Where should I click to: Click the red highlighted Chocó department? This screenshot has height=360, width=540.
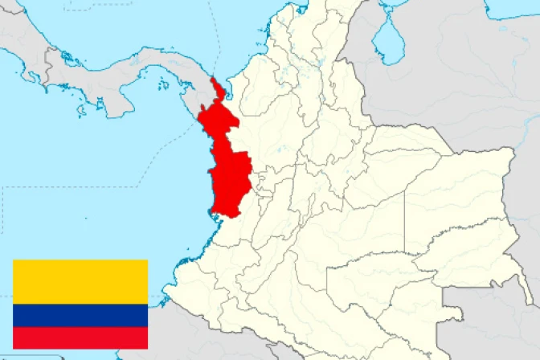[225, 161]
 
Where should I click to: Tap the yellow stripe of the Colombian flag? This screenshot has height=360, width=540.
[80, 281]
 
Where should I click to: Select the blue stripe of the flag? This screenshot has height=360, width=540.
[80, 315]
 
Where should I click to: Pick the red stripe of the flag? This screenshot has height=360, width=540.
[80, 337]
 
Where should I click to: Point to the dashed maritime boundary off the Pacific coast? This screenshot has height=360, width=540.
[80, 188]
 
